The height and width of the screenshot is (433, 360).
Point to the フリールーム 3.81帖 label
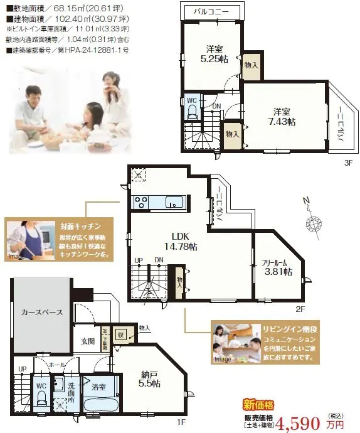coord(277,267)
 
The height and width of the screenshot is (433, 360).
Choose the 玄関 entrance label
coord(87,341)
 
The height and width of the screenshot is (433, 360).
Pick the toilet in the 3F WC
coord(192,111)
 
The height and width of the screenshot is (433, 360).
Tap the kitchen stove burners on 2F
coord(140,201)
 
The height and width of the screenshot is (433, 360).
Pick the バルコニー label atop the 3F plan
coord(210,12)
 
